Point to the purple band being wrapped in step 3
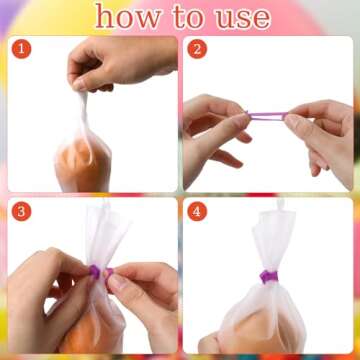[96, 271]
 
